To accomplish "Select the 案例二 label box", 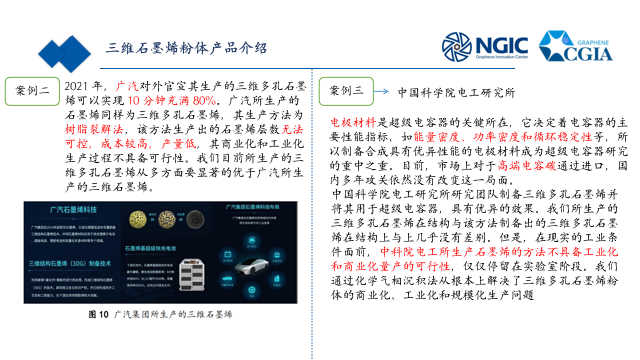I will (32, 91).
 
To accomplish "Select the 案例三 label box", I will (345, 91).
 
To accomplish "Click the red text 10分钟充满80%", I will (171, 101).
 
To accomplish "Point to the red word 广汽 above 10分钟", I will (127, 87).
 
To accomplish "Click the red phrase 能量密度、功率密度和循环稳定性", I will (502, 137).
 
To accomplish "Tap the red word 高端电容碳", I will (527, 165).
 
